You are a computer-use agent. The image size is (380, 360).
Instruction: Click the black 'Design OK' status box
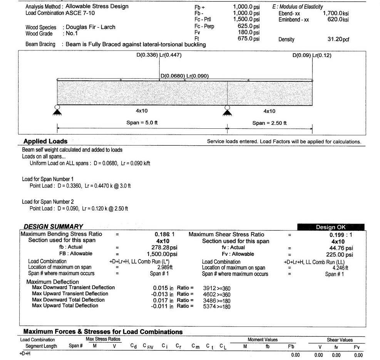(x=330, y=227)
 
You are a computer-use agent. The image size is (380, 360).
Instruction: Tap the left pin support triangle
(x=57, y=112)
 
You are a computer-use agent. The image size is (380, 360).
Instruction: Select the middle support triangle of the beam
(x=227, y=112)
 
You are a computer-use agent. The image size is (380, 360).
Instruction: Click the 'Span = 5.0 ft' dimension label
(x=142, y=123)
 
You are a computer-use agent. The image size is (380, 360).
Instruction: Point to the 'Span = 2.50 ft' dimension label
(x=270, y=123)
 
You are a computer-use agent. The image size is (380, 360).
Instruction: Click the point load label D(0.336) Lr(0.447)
(x=159, y=55)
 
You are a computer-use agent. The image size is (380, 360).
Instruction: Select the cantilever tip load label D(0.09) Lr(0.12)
(x=312, y=55)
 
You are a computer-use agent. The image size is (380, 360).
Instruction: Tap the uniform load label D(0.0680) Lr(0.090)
(x=184, y=76)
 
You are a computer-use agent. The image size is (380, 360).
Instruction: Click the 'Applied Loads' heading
(x=45, y=141)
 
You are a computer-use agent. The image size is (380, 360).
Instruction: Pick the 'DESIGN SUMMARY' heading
(x=53, y=227)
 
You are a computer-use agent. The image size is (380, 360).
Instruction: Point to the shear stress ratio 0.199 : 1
(x=341, y=235)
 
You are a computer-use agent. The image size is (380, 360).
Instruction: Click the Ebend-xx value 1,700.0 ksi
(x=336, y=13)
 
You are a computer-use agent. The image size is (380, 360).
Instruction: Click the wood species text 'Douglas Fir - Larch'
(x=90, y=27)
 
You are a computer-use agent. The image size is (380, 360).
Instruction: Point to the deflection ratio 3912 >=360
(x=216, y=288)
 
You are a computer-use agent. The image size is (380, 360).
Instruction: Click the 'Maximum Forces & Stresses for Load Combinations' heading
(x=103, y=332)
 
